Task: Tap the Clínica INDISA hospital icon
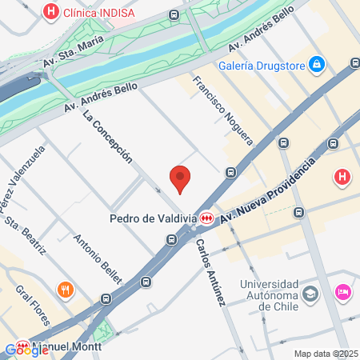[52, 12]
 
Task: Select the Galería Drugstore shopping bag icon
[317, 62]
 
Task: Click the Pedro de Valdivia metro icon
[207, 218]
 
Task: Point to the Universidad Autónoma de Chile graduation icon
[310, 294]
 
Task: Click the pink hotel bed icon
[344, 293]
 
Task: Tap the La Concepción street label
[107, 136]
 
